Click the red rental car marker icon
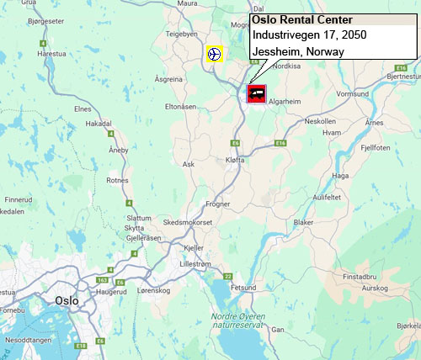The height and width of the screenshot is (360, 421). [x=257, y=93]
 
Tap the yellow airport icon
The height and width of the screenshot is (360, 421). [x=215, y=54]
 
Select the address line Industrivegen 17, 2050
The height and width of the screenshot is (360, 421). [x=304, y=36]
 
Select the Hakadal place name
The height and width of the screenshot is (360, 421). [x=99, y=123]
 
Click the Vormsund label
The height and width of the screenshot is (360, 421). [x=352, y=93]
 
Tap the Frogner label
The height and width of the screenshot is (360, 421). [x=218, y=203]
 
